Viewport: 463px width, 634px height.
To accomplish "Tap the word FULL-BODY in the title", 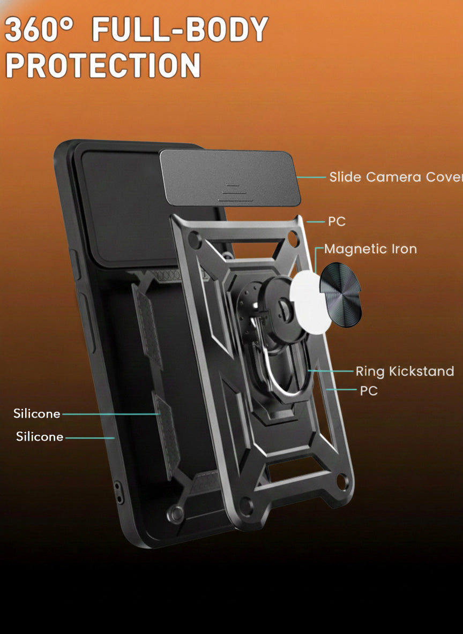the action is (180, 29).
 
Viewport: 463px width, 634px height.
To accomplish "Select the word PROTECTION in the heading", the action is (103, 65).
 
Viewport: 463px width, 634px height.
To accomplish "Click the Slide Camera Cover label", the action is (396, 177).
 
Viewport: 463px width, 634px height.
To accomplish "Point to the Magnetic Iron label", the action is (370, 249).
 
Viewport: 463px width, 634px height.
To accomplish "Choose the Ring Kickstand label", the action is (405, 372).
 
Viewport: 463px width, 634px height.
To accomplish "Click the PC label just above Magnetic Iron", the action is (337, 222).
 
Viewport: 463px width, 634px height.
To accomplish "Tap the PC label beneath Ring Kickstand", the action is (369, 390).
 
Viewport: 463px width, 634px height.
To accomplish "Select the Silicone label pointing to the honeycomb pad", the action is (37, 413).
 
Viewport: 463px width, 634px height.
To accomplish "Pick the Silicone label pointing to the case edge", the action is (40, 437).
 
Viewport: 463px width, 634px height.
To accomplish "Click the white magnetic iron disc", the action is (310, 303).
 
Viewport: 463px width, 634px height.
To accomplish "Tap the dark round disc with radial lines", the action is (341, 295).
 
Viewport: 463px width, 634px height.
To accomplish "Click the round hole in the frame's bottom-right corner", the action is (342, 481).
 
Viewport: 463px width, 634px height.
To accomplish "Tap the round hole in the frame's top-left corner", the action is (195, 240).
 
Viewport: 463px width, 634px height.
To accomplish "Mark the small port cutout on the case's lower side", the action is (119, 493).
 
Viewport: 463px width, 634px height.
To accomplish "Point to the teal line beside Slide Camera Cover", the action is (311, 177).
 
